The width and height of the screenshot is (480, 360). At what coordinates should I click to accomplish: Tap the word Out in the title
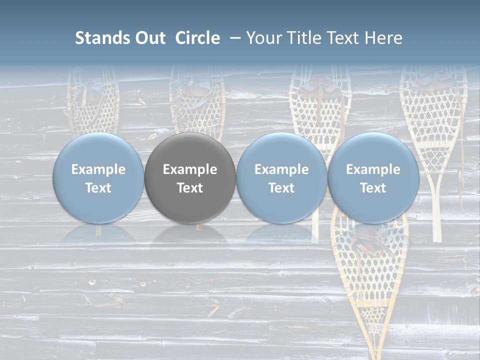tap(148, 38)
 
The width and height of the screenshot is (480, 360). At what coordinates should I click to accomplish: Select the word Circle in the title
tap(197, 38)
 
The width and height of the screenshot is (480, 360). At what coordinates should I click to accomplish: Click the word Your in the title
tap(263, 38)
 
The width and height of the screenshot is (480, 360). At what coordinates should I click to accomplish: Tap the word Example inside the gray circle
tap(190, 169)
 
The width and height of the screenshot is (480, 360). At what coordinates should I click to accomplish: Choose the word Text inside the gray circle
tap(190, 188)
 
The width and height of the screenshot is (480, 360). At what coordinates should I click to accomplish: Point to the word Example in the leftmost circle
tap(98, 169)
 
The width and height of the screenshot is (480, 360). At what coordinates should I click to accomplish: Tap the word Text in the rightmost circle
tap(373, 188)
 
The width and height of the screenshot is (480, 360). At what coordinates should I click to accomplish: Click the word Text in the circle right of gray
tap(281, 188)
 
